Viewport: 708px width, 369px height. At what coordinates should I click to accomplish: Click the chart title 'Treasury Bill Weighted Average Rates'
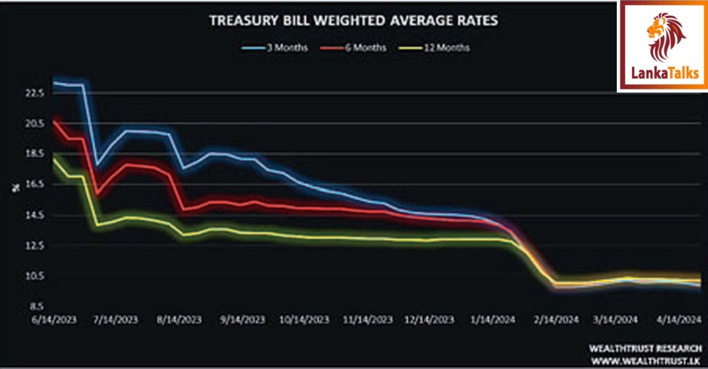coord(353,21)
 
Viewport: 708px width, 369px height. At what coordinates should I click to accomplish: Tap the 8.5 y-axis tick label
coord(35,306)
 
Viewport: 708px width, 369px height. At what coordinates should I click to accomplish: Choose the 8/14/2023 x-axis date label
coord(181,319)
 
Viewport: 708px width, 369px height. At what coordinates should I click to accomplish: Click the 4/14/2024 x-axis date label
coord(679,319)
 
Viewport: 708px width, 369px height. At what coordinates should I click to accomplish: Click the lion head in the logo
coord(663,35)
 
